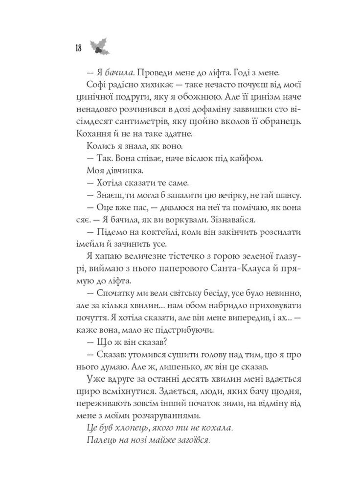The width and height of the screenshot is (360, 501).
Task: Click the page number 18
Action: click(78, 47)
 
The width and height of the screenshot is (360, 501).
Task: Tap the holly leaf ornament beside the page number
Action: click(100, 46)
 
